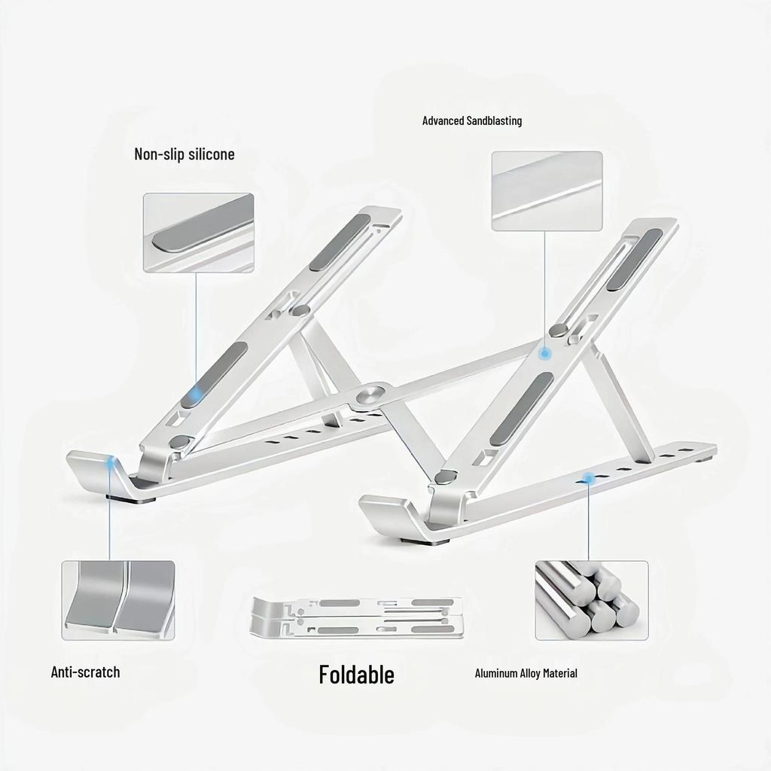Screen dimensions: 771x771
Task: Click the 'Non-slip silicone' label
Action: point(184,154)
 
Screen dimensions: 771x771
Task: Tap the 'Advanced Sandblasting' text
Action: point(471,120)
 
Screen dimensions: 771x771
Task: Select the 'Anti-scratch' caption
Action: point(85,672)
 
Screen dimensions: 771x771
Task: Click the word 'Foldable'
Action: point(356,675)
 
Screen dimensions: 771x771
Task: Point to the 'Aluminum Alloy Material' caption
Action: point(526,673)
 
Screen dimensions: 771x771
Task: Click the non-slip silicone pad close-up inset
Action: point(199,233)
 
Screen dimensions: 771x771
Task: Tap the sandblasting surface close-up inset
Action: point(547,191)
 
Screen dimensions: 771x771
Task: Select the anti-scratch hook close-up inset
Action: point(118,600)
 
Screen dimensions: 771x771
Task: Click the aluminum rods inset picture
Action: point(591,600)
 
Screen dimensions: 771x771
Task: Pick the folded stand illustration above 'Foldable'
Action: point(356,617)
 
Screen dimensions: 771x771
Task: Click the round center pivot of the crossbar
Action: point(370,395)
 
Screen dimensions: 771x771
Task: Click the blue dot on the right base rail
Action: point(589,478)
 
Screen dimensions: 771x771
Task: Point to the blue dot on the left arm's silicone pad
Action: point(196,393)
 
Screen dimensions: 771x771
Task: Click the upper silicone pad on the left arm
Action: point(340,242)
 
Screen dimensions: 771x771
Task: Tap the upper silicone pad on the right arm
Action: point(634,259)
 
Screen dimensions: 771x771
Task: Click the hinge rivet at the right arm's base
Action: point(445,477)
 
